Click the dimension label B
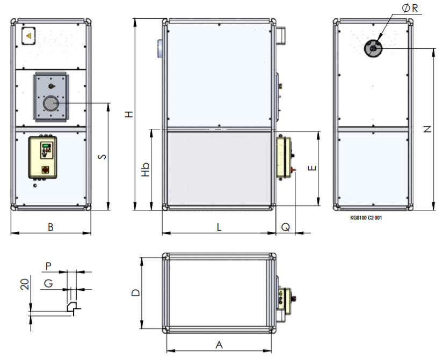click(50, 227)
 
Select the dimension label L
click(219, 227)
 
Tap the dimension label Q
click(286, 227)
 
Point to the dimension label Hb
click(146, 169)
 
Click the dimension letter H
click(129, 114)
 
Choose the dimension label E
click(312, 168)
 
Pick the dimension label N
click(427, 129)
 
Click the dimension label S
click(102, 157)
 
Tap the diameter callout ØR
click(410, 8)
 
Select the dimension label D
click(136, 293)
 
